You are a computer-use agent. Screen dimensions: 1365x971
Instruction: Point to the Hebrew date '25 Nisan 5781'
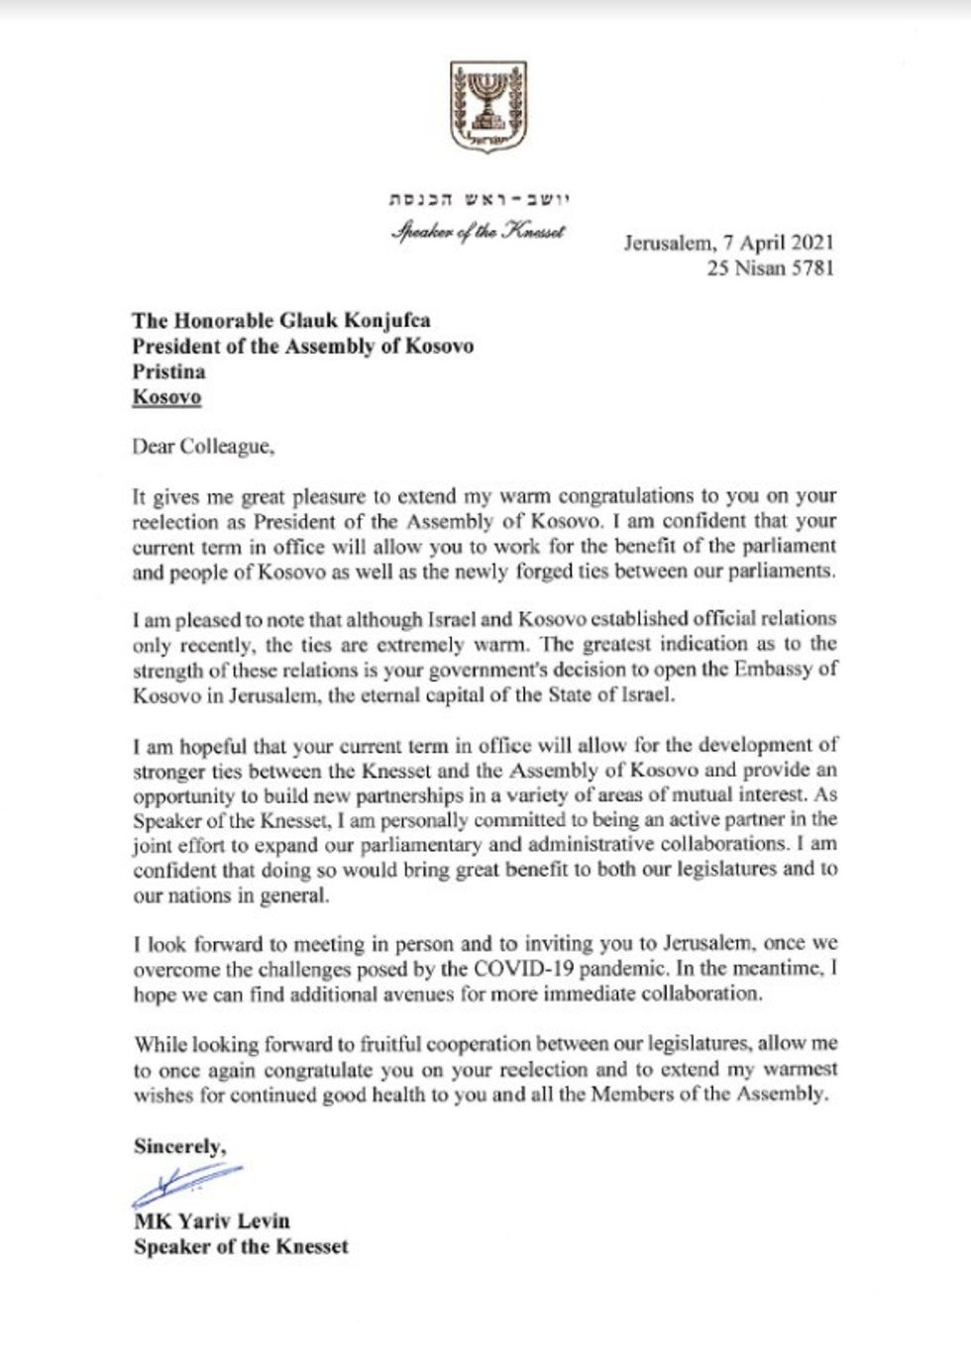(770, 267)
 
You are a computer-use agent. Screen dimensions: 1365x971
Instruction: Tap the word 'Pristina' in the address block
(169, 371)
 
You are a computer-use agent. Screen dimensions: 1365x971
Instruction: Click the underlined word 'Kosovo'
(167, 397)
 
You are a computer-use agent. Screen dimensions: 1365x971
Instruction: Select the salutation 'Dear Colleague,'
(202, 446)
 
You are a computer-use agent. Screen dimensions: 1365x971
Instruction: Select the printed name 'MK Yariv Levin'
(212, 1220)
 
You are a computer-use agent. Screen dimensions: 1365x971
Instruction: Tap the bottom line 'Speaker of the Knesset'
(241, 1246)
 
